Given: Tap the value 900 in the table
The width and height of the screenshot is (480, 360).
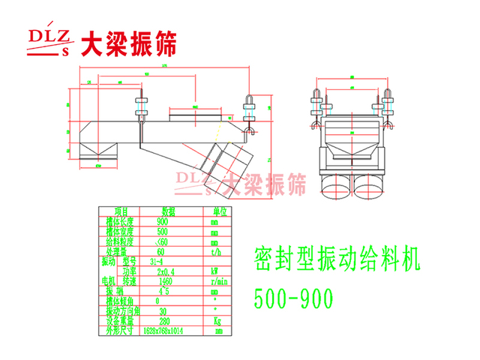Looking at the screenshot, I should (x=162, y=222).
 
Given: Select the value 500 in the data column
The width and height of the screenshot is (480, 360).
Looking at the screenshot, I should (x=162, y=232).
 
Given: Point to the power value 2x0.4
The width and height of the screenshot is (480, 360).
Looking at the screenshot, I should (x=161, y=271).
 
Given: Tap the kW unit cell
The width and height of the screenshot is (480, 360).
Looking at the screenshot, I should (x=215, y=271).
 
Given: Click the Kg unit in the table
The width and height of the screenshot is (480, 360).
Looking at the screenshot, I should (x=215, y=320).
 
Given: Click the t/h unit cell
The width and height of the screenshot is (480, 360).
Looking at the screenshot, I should (x=215, y=251).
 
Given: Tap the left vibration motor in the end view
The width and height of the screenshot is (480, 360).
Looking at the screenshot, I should (x=335, y=184).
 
